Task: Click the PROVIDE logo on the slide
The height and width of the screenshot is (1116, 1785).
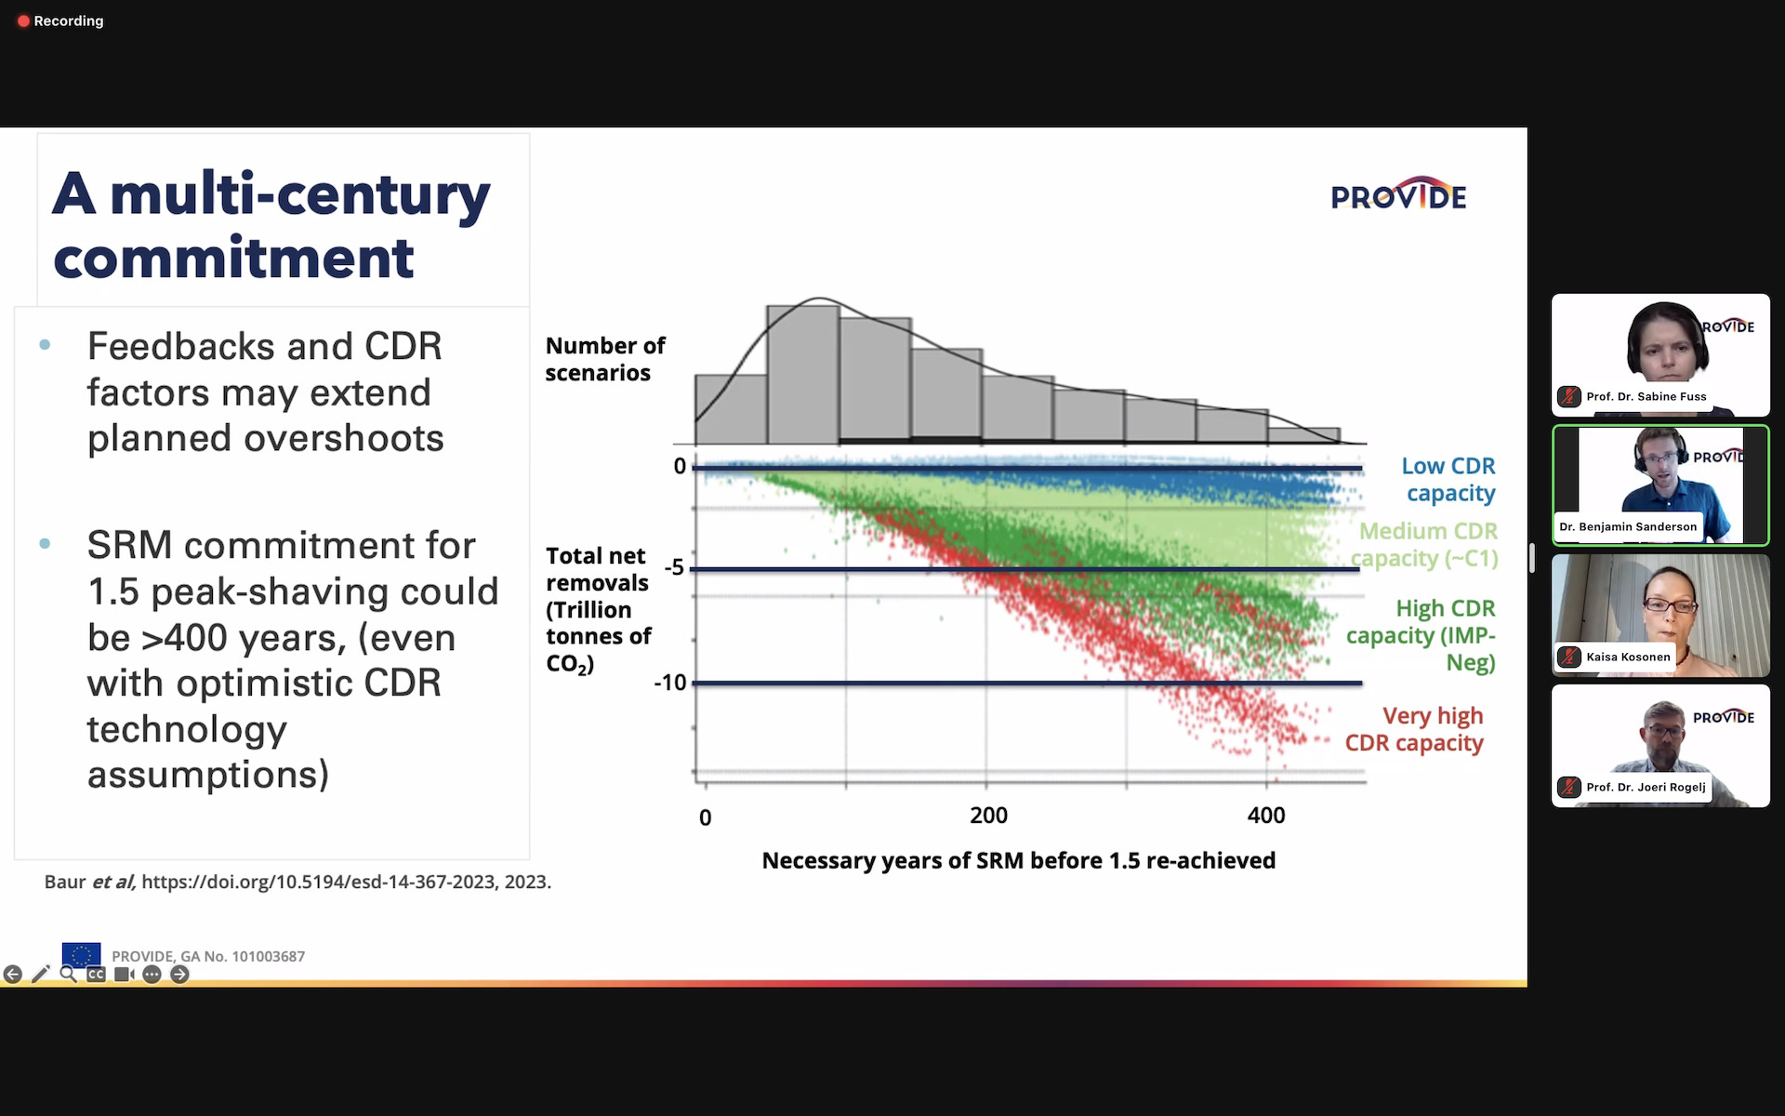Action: (x=1398, y=194)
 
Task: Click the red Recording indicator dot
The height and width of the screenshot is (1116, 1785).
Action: (x=23, y=21)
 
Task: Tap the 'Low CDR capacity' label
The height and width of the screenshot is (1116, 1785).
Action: (x=1449, y=479)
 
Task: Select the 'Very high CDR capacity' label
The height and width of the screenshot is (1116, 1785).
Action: (x=1415, y=729)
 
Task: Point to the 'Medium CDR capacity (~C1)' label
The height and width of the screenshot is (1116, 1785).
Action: (x=1425, y=544)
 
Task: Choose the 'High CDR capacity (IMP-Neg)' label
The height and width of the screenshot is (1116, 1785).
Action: (x=1421, y=635)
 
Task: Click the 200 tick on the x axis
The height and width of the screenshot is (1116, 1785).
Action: (x=988, y=816)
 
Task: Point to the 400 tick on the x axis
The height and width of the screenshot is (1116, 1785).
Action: (x=1266, y=816)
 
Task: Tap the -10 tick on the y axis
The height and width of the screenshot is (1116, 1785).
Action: (x=669, y=683)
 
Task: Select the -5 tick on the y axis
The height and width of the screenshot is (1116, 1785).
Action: (x=674, y=567)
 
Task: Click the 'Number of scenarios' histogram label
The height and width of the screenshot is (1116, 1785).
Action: (x=604, y=359)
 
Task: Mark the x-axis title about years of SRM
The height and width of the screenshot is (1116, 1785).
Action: (x=1018, y=860)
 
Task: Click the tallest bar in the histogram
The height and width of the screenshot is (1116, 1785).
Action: (x=803, y=374)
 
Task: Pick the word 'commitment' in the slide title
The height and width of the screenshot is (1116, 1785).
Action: (x=233, y=259)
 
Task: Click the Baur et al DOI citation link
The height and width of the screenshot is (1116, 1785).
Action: (x=345, y=882)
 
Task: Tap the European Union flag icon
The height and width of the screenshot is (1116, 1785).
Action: (x=81, y=954)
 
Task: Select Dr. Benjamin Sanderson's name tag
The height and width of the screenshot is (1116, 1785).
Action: (x=1627, y=526)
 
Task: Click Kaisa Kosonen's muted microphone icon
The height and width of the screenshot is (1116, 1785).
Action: (x=1569, y=657)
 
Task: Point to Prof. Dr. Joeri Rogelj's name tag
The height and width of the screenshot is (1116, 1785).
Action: (x=1646, y=787)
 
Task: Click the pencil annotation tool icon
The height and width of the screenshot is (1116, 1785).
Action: (x=40, y=974)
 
